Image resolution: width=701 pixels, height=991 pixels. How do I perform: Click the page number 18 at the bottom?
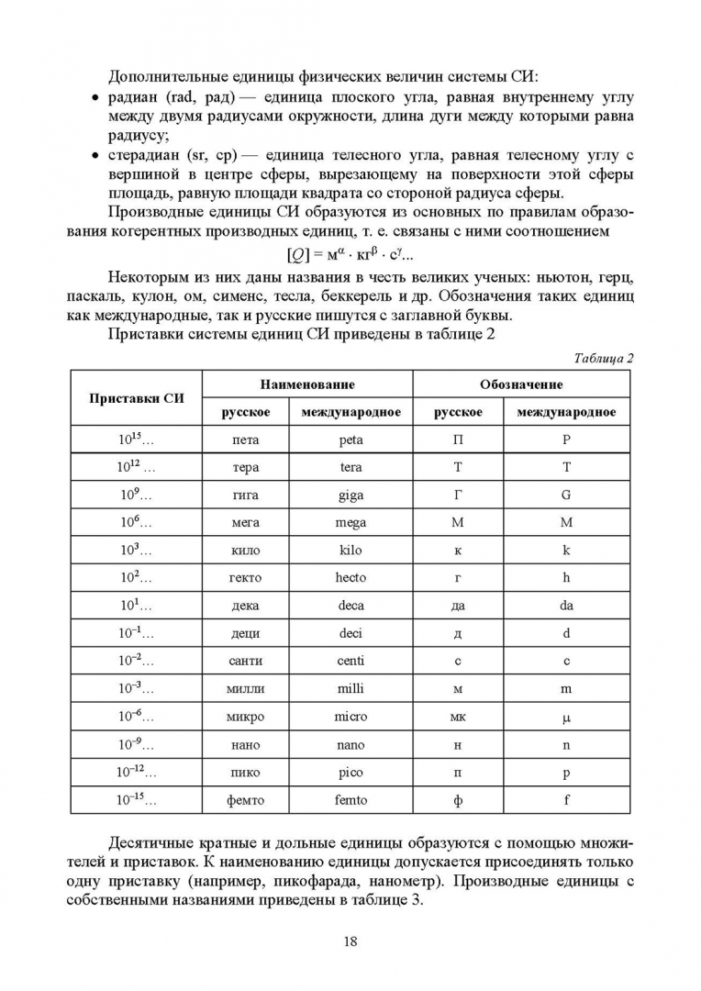(350, 941)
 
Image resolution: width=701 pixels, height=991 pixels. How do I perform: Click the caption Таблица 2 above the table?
(604, 358)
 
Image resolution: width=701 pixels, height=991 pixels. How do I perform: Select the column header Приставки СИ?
(137, 397)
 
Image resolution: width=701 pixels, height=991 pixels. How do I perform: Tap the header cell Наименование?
(306, 384)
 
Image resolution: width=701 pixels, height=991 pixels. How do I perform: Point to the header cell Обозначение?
(521, 384)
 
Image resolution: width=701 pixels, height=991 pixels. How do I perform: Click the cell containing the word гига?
(245, 495)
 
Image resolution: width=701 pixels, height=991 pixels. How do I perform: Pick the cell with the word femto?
(350, 800)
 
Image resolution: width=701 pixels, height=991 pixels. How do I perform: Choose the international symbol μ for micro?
(566, 718)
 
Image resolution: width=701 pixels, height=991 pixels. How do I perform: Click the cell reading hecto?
(350, 578)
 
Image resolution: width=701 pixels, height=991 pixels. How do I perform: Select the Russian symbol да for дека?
(458, 606)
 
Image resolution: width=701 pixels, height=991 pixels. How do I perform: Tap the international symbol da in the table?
(566, 606)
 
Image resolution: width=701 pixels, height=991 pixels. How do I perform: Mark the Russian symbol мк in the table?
(458, 717)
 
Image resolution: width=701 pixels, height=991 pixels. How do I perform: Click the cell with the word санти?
(245, 662)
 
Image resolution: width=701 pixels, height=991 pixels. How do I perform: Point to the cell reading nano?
(350, 745)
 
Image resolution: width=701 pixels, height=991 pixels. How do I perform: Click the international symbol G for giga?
(566, 495)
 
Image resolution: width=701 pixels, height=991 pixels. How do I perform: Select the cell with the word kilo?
(350, 551)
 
